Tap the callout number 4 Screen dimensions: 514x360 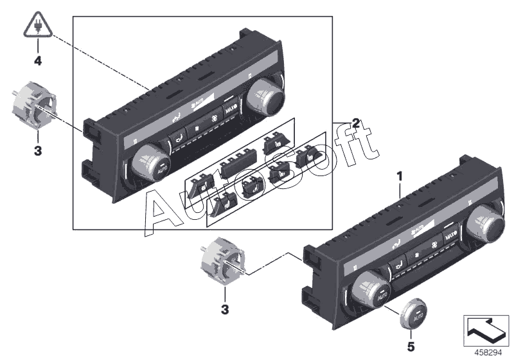click(37, 62)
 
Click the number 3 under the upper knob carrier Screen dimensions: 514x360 click(37, 151)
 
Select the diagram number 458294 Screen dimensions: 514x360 click(487, 352)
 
